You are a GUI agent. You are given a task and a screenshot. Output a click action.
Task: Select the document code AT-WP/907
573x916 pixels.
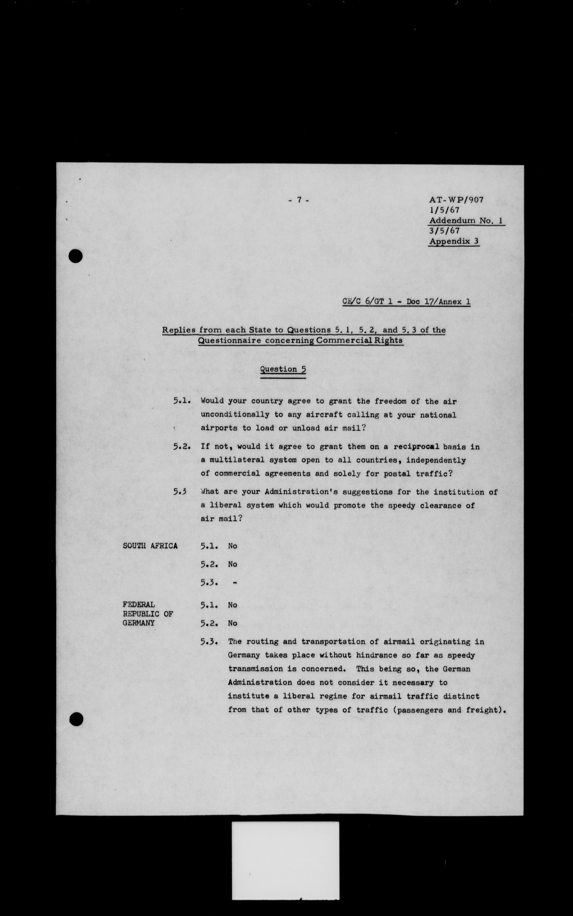point(456,200)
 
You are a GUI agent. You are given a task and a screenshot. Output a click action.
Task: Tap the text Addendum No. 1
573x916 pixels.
point(466,221)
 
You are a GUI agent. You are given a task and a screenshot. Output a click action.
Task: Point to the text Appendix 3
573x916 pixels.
point(454,242)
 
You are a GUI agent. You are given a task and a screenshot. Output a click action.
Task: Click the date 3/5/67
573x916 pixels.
point(444,231)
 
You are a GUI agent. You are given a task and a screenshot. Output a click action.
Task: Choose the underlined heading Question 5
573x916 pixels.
point(283,370)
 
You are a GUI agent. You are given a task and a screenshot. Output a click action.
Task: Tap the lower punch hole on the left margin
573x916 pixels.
point(76,719)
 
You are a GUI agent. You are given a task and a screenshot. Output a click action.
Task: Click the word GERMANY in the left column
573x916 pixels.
point(138,623)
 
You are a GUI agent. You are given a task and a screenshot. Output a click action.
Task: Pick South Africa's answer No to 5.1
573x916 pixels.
point(232,546)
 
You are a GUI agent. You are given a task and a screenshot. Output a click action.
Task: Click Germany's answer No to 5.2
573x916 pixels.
point(232,623)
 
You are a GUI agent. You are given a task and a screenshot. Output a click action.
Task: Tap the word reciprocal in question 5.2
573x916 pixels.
point(416,447)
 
